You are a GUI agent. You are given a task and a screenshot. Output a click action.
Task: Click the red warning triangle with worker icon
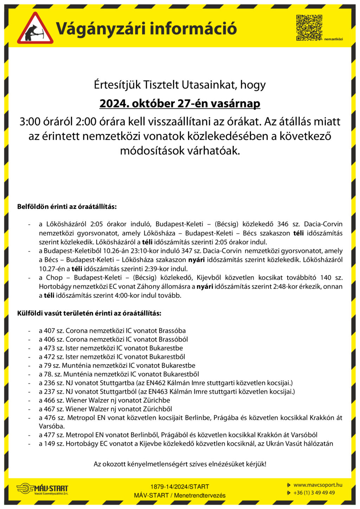(35, 29)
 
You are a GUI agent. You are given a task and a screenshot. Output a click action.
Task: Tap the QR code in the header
(309, 27)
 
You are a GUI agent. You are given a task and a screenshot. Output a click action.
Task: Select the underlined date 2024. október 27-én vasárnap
(180, 104)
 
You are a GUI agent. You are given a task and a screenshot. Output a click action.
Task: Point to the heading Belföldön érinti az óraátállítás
(67, 207)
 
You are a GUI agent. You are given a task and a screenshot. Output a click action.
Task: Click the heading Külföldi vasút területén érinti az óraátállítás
(89, 313)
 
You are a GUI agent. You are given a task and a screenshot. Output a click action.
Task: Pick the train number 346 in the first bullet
(283, 224)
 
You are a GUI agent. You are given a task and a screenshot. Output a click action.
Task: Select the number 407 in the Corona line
(50, 331)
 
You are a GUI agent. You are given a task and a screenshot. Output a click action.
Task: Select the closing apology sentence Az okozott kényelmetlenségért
(180, 464)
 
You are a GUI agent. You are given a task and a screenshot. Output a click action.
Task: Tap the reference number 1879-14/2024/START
(180, 487)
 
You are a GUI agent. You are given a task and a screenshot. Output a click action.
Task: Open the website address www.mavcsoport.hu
(318, 485)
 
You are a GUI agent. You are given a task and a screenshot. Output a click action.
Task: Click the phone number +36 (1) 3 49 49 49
(314, 493)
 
